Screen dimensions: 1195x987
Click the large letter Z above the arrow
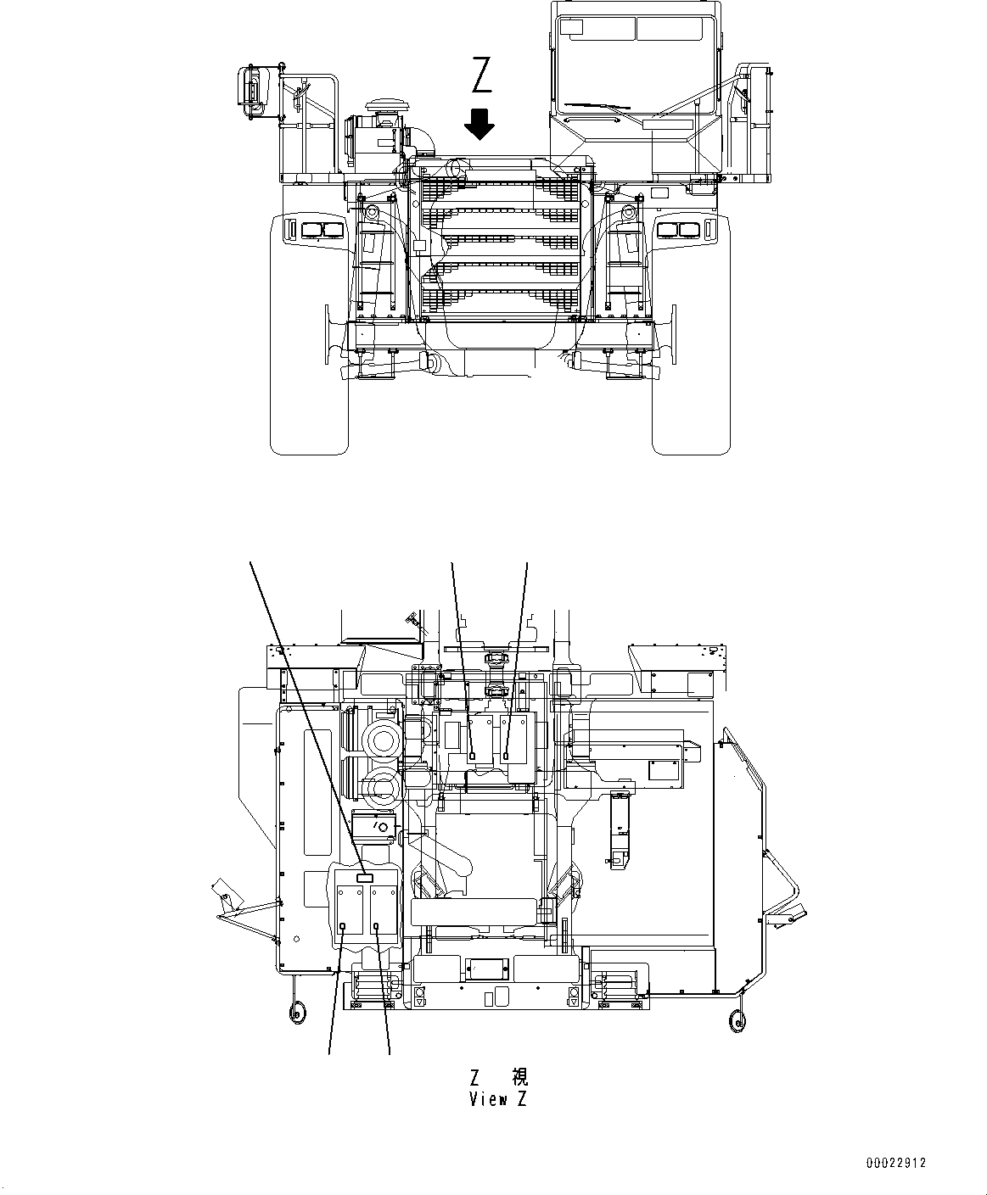click(x=481, y=75)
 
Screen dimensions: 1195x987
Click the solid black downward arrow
click(x=480, y=123)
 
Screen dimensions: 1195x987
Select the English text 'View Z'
click(x=498, y=1100)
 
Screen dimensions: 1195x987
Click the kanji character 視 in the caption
click(x=519, y=1077)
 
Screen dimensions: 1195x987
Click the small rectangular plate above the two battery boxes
click(x=365, y=879)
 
